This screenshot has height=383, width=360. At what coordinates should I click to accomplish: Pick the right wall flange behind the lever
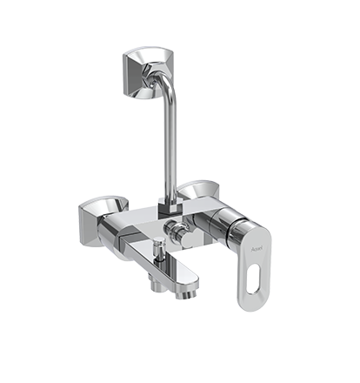pyautogui.click(x=197, y=191)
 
